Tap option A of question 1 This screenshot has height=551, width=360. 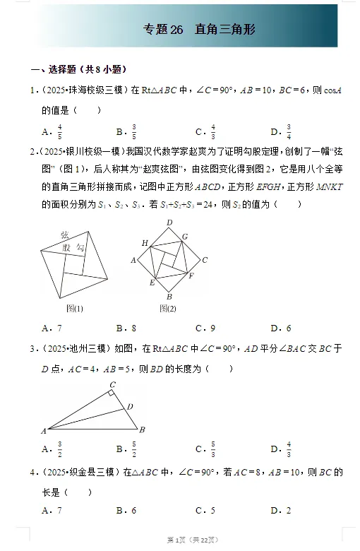point(52,131)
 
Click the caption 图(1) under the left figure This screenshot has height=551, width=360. point(75,308)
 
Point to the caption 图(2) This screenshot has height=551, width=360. point(167,308)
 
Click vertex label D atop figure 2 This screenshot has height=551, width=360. point(169,223)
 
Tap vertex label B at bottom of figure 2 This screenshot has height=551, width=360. point(169,297)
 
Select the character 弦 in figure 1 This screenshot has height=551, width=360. point(64,235)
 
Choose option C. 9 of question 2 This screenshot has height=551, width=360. point(205,328)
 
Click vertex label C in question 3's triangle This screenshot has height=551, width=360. point(112,385)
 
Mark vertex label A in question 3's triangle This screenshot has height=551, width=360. point(43,430)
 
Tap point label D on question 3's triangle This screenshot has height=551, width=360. point(129,406)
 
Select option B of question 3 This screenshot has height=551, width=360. point(126,449)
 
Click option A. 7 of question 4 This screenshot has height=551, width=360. point(52,510)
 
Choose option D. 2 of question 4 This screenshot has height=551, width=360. point(281,510)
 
